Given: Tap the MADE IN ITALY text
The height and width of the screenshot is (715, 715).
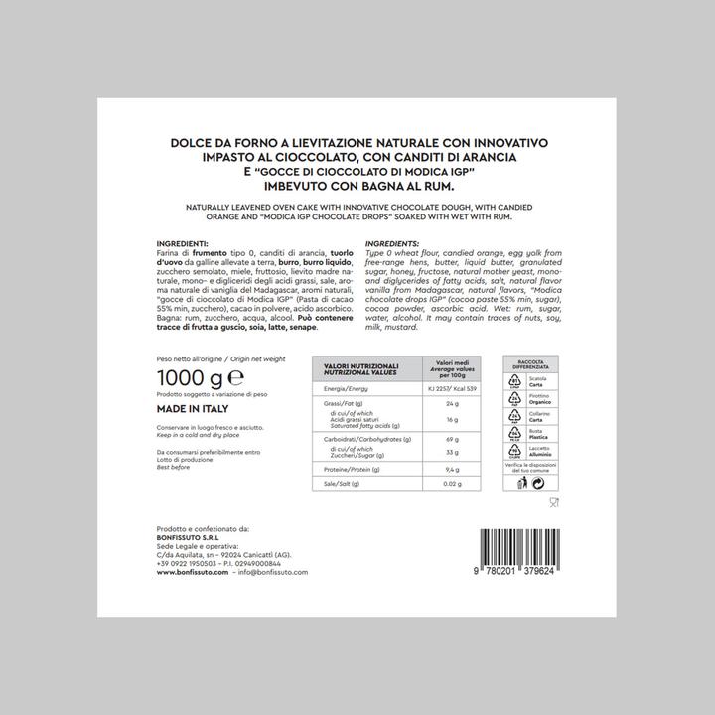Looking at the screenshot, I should click(193, 409).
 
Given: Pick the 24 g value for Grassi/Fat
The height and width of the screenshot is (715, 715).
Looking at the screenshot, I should click(453, 404).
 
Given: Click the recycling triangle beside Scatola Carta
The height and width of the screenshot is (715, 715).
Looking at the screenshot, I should click(515, 380).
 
